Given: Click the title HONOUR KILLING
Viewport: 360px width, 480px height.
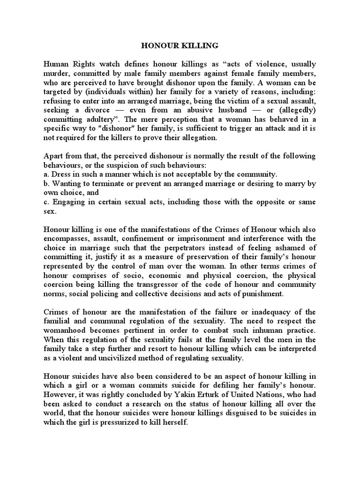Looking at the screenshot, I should click(180, 46).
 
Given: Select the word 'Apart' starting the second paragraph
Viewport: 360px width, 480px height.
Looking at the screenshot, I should click(53, 156).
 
